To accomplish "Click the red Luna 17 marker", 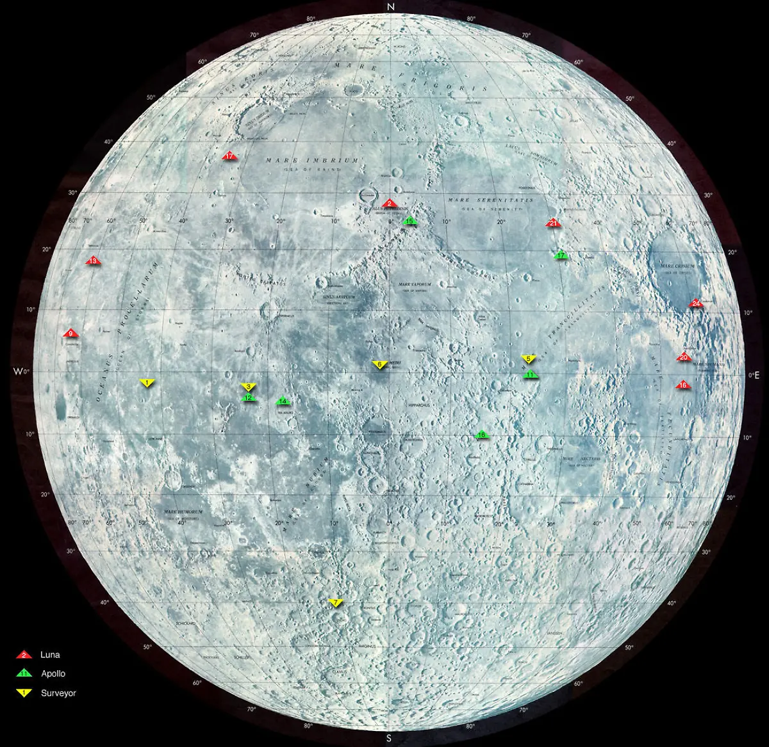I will (229, 156).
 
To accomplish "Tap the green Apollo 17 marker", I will (561, 255).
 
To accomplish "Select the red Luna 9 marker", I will (70, 333).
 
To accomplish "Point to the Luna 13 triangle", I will (94, 261).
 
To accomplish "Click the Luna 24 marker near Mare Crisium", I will (696, 303).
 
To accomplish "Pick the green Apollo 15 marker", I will (410, 221).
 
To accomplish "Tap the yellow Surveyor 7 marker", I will (336, 602).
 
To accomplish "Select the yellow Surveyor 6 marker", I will (379, 364).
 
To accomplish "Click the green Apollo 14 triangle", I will (283, 401).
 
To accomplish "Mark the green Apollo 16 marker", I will (482, 435).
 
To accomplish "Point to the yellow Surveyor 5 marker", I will (529, 358).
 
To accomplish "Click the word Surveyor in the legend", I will (58, 693).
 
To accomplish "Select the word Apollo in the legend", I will (53, 673).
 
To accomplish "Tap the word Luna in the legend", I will (50, 655).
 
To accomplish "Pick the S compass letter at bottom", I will (389, 739).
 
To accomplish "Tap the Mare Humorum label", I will (183, 512).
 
